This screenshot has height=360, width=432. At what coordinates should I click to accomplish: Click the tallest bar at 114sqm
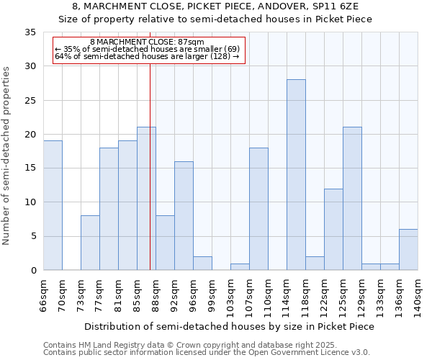(x=296, y=175)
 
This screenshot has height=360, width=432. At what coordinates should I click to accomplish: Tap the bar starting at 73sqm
(x=90, y=243)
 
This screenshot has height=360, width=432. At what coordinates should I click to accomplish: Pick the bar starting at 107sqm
(x=258, y=209)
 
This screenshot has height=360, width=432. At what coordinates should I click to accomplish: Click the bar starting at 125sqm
(x=352, y=199)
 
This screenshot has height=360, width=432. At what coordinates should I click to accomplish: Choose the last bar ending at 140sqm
(x=408, y=250)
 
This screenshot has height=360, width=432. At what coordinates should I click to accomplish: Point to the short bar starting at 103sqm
(x=240, y=267)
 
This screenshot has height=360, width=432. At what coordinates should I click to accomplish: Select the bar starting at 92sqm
(x=184, y=216)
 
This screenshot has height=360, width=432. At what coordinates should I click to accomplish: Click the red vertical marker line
(x=150, y=180)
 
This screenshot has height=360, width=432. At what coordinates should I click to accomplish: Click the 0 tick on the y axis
(x=33, y=271)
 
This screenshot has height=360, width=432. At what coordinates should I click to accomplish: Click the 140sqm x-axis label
(x=418, y=294)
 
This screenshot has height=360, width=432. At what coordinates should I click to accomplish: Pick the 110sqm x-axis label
(x=268, y=294)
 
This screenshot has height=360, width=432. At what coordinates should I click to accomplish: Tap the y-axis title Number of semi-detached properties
(x=7, y=156)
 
